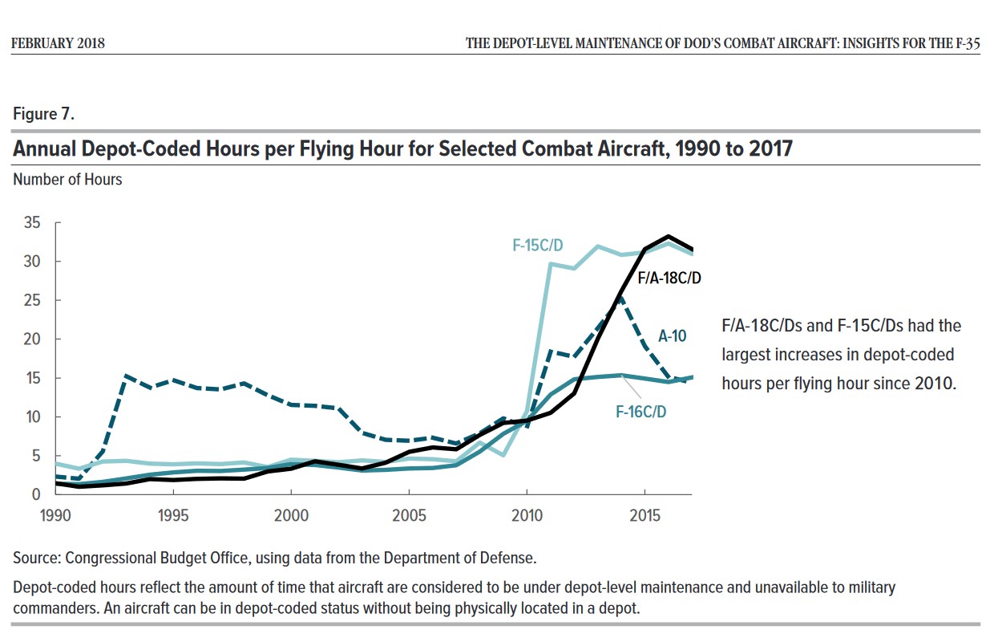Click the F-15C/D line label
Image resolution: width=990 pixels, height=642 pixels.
point(539,245)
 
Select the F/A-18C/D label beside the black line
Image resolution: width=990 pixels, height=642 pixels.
point(670,278)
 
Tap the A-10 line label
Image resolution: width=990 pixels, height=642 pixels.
point(671,336)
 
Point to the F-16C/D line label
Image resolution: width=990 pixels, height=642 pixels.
point(641,412)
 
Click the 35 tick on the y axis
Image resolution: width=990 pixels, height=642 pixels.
point(31,222)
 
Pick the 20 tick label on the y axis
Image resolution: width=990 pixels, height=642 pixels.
point(31,339)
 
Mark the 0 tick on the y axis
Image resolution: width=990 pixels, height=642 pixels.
point(35,494)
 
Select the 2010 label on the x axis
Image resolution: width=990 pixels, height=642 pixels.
point(526,514)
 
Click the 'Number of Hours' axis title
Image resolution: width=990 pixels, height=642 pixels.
point(67,180)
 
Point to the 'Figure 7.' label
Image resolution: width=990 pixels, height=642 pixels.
point(43,114)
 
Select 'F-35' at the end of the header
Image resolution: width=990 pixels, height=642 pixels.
point(968,43)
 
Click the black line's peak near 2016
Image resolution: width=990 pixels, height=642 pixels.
point(668,237)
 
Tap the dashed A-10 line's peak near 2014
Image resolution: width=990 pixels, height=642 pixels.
point(621,296)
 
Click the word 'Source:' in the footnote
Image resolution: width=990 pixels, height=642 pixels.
point(37,558)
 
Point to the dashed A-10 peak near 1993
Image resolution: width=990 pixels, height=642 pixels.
point(126,376)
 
